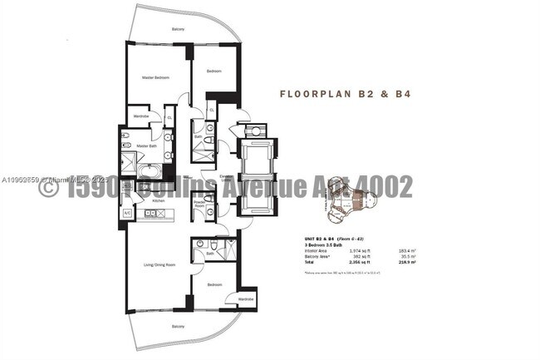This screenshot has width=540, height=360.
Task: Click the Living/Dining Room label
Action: point(159,264)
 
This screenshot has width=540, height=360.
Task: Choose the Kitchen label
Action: point(146,201)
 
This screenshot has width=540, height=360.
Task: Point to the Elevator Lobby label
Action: point(225,177)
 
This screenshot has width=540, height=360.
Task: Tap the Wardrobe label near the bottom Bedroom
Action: point(245,298)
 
